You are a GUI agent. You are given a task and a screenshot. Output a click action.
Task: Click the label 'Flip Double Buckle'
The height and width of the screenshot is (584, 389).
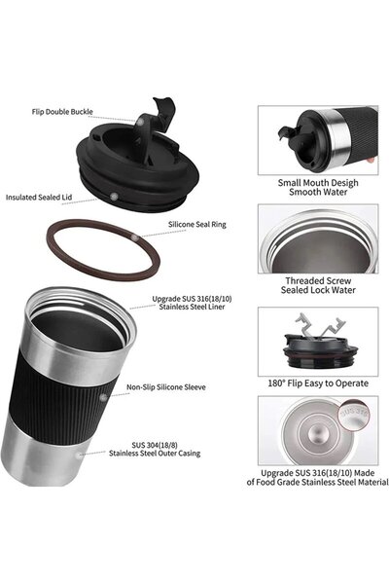point(62,112)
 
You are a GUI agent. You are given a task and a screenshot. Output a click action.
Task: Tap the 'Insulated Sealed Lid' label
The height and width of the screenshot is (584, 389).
point(39,198)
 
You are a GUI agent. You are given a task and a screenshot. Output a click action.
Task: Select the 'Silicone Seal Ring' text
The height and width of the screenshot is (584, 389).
point(196,225)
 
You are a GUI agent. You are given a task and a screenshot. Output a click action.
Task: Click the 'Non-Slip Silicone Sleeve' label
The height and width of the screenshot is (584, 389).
point(166,387)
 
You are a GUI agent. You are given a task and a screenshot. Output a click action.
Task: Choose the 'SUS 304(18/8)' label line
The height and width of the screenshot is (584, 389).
point(155,445)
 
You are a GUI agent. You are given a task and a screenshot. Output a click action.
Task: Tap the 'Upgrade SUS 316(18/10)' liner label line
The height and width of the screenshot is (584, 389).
point(192,299)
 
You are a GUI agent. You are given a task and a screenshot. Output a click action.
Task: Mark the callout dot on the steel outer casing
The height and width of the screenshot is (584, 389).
point(79,455)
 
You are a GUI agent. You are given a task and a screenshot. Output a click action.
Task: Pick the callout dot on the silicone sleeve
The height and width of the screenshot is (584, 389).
point(103,398)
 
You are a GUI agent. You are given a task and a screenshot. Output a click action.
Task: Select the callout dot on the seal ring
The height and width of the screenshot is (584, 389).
point(135,237)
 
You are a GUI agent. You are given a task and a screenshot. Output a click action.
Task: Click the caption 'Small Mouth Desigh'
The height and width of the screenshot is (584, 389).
point(318,183)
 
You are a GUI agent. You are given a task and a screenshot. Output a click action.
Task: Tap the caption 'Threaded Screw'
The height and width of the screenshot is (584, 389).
point(318,281)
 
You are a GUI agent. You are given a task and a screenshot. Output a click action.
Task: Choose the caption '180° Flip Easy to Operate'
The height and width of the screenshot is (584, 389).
point(318,383)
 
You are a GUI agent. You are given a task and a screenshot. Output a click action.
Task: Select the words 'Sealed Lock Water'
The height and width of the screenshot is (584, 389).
point(318,290)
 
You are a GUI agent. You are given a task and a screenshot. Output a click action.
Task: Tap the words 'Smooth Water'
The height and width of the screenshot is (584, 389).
point(318,192)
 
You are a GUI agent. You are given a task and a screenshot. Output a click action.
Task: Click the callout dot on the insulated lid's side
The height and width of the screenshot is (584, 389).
point(115,196)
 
